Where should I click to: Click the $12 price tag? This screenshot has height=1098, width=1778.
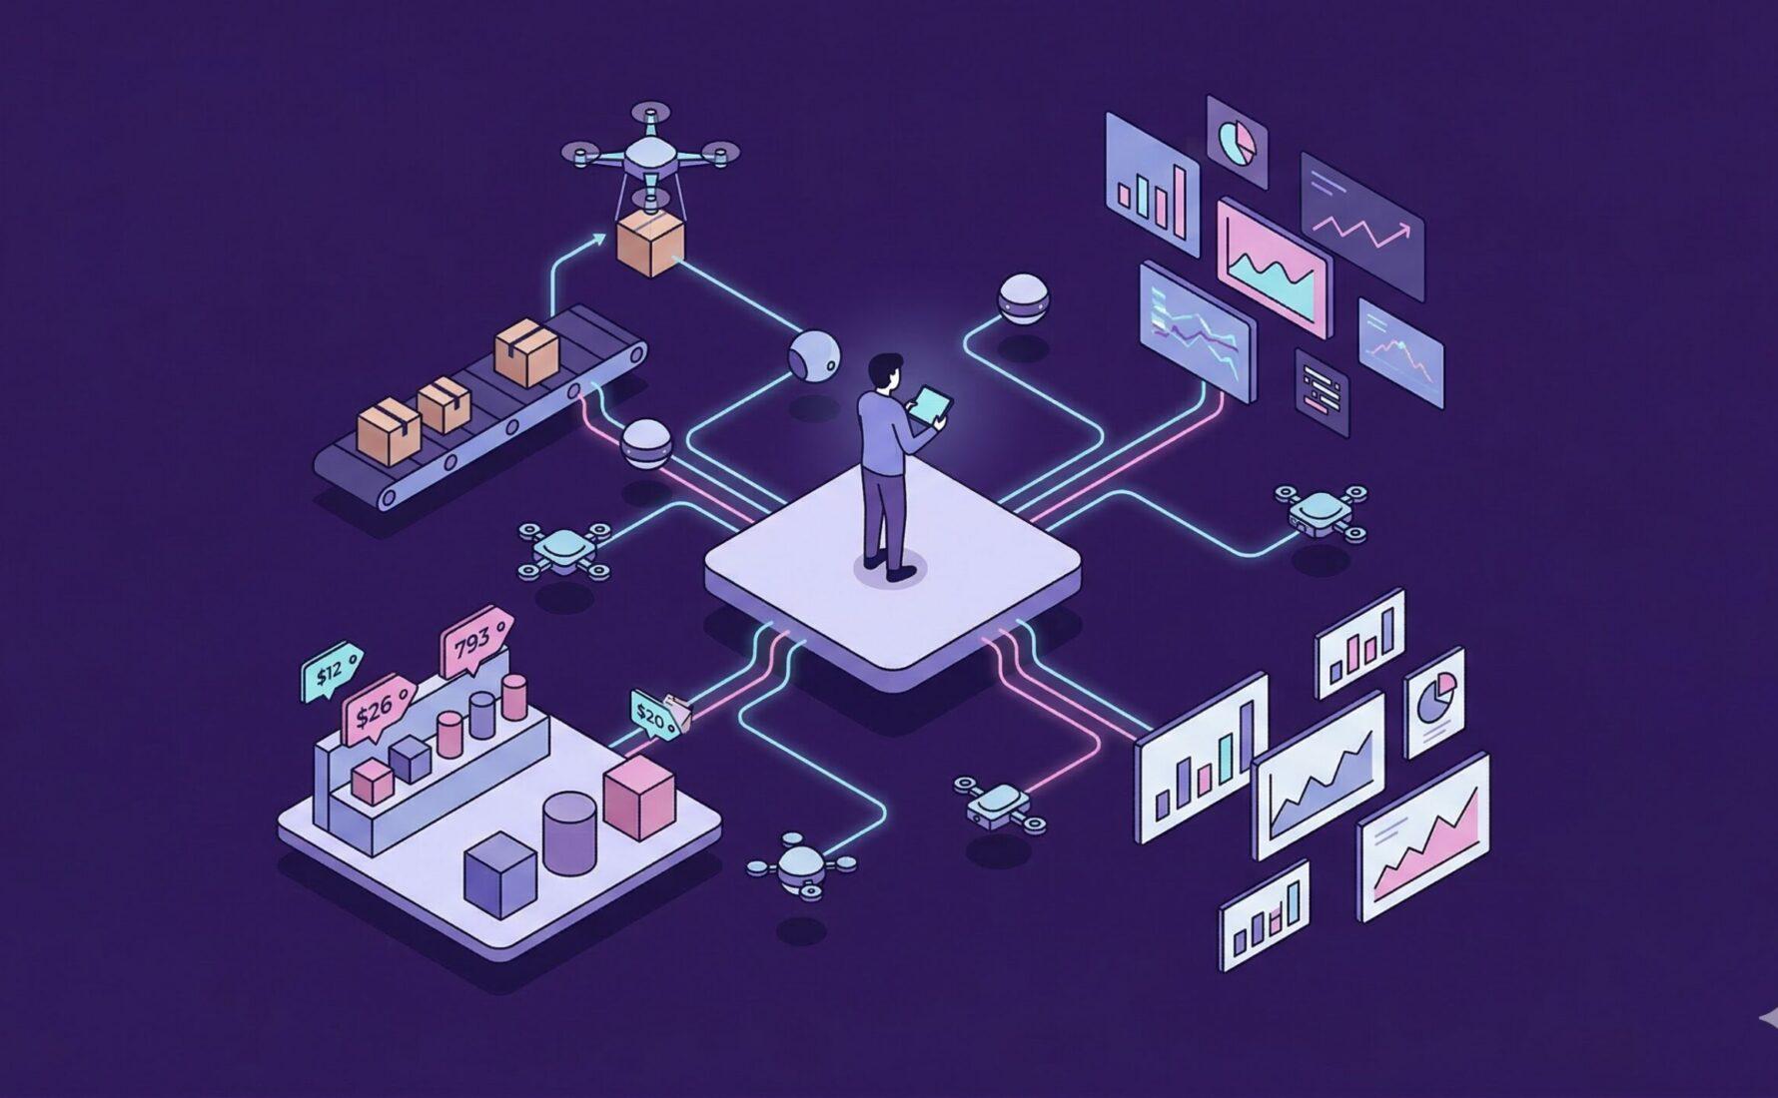pos(331,672)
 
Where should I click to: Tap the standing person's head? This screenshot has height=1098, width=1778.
pos(882,372)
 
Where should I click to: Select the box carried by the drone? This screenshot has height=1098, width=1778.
pos(650,245)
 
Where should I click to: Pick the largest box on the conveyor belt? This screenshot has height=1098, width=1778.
pos(525,353)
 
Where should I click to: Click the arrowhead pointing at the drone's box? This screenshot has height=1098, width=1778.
pos(598,238)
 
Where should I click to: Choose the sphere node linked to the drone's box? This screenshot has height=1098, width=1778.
pos(814,356)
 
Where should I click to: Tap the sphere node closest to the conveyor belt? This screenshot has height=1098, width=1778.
pos(645,443)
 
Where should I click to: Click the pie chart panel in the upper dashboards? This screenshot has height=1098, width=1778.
pos(1237,142)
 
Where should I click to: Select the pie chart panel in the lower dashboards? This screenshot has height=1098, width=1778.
pos(1435,701)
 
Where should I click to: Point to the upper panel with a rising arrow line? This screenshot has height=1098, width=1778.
pos(1361,225)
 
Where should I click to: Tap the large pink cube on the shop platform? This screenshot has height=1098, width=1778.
pos(639,796)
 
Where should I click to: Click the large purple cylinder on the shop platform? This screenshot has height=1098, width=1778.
pos(569,832)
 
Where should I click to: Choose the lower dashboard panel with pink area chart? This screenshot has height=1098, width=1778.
pos(1422,837)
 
